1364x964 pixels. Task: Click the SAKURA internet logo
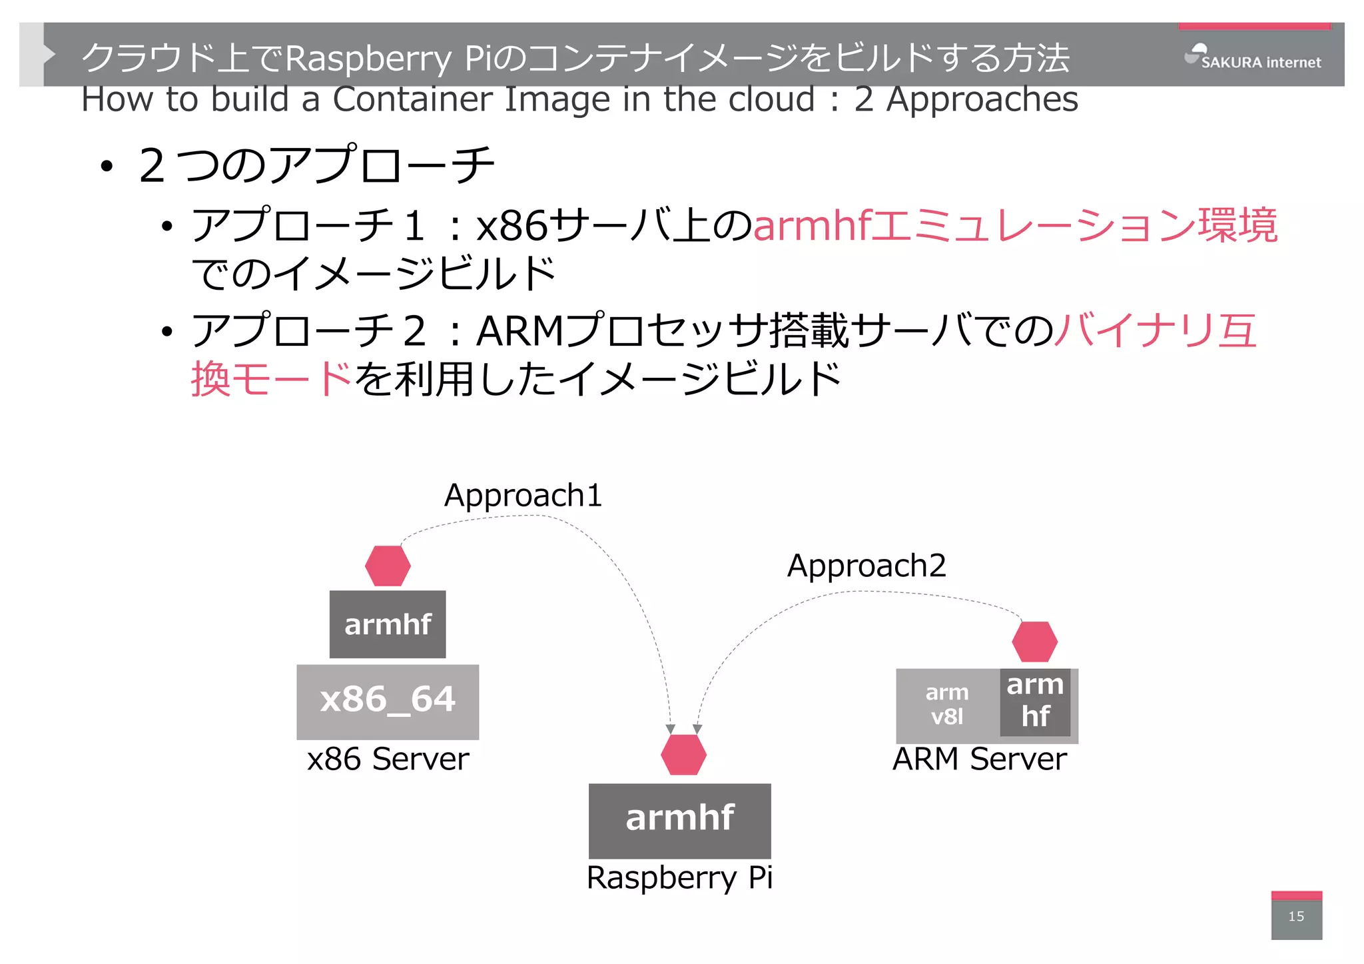point(1253,59)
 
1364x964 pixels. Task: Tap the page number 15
point(1295,916)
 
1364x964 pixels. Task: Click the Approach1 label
point(523,496)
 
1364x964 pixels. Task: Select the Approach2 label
point(866,566)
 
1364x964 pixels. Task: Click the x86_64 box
point(388,701)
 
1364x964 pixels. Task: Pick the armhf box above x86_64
point(388,624)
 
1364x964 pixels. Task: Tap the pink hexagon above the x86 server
point(388,566)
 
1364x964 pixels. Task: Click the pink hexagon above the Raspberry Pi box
point(683,754)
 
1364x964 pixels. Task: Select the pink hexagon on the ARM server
point(1034,642)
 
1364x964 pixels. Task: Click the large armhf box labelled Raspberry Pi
point(679,819)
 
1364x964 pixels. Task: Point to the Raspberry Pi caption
point(679,877)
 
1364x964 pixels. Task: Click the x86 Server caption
point(388,759)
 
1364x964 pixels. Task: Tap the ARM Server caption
point(979,759)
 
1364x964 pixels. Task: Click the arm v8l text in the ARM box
point(946,705)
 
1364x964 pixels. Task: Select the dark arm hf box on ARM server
point(1035,701)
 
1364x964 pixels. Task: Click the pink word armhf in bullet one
point(811,226)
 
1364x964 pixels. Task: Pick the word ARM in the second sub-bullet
point(520,331)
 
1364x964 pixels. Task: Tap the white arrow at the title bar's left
point(48,54)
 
